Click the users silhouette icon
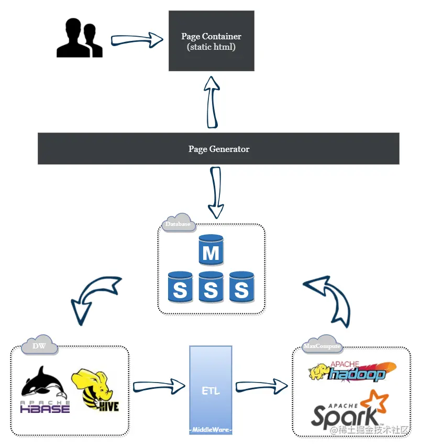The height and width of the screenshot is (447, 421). [79, 38]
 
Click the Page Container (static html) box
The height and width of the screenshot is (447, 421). [212, 41]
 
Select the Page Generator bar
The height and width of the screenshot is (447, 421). [218, 148]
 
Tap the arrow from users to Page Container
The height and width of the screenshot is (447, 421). [137, 40]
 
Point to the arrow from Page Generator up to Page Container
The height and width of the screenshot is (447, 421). [212, 102]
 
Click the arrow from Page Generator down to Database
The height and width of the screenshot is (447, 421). [216, 193]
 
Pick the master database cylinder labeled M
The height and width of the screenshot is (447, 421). [211, 250]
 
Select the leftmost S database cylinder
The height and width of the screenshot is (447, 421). [180, 287]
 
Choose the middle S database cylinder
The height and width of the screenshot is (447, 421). [211, 287]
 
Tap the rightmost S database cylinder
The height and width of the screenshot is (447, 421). [242, 287]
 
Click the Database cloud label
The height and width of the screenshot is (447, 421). [179, 223]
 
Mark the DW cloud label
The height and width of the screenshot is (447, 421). [39, 345]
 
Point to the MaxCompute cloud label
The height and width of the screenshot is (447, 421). [322, 345]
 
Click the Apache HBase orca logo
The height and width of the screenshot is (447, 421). [45, 390]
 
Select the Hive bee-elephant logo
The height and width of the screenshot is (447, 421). [95, 390]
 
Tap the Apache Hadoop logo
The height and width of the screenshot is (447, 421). [352, 372]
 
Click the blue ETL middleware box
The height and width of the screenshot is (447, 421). [211, 390]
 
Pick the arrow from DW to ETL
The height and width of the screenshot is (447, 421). [159, 387]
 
